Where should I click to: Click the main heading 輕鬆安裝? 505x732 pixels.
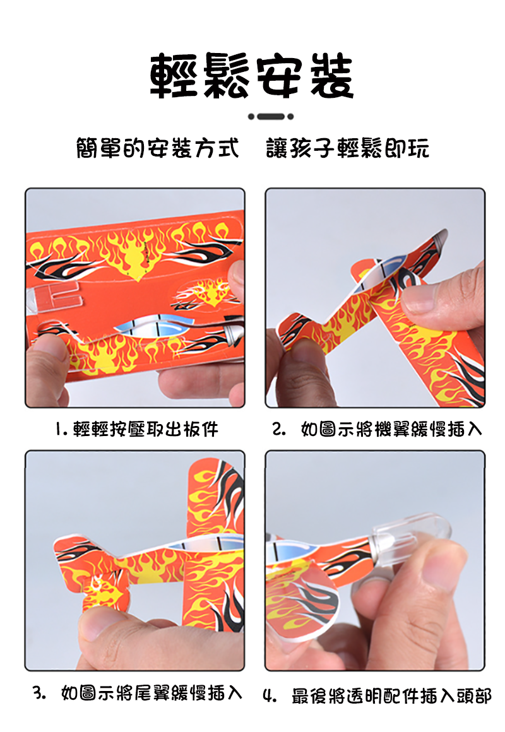pos(252,75)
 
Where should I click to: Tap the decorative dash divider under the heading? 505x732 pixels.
pos(270,116)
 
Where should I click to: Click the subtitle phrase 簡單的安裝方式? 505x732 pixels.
pos(157,148)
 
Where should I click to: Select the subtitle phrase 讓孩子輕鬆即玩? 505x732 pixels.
pos(348,148)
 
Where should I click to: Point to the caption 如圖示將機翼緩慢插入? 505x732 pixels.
pos(391,429)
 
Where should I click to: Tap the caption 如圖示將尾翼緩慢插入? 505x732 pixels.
pos(152,693)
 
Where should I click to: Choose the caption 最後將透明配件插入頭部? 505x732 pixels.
pos(391,696)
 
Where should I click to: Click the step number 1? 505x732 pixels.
pos(60,429)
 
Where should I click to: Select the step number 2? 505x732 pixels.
pos(279,429)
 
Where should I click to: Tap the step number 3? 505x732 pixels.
pos(39,693)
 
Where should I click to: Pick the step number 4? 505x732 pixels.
pos(270,696)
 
